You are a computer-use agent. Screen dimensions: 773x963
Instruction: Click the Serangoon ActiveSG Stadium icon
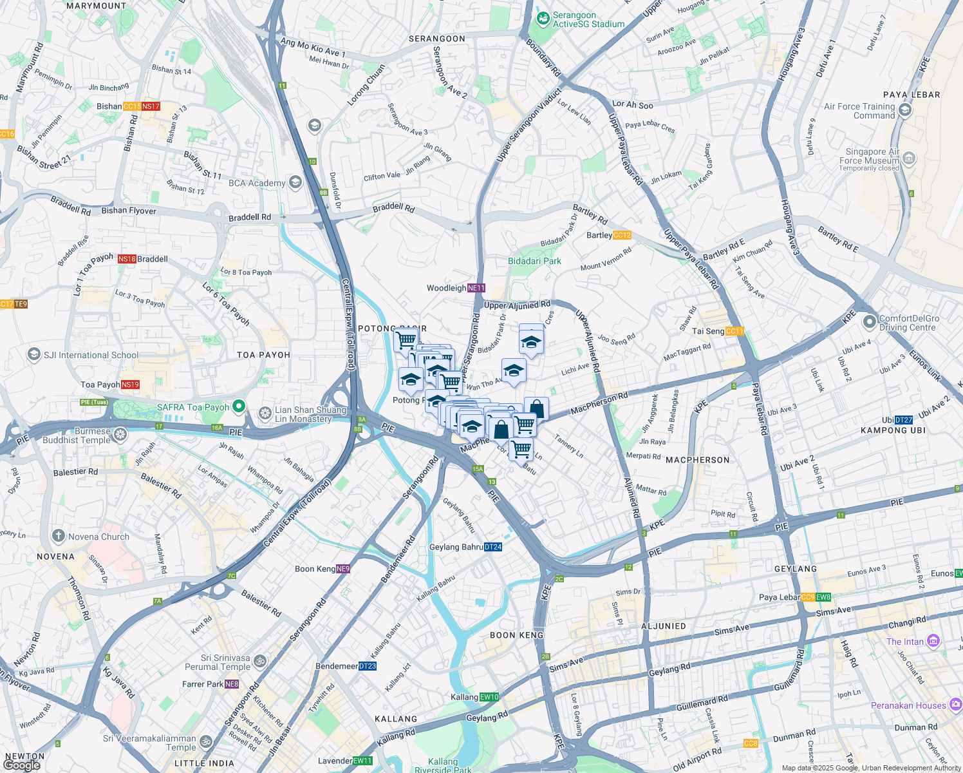[x=543, y=19]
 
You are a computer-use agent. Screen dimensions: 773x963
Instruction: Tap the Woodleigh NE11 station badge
[x=476, y=288]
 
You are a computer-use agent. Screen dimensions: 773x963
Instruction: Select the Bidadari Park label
[x=534, y=261]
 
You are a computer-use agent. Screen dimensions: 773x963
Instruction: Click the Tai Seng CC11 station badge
[x=734, y=331]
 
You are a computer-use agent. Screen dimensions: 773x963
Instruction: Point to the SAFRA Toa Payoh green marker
[x=239, y=406]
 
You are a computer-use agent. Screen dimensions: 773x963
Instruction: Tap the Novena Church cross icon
[x=59, y=536]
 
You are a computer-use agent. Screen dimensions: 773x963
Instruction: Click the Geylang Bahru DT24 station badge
[x=492, y=547]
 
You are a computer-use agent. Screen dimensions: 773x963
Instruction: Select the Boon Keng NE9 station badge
[x=343, y=569]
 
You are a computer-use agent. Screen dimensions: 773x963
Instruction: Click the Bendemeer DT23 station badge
[x=367, y=666]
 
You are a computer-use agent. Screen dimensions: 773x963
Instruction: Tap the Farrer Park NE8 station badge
[x=232, y=684]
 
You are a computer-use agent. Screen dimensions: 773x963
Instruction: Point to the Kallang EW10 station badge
[x=489, y=697]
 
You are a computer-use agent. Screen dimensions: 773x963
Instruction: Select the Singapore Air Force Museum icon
[x=909, y=158]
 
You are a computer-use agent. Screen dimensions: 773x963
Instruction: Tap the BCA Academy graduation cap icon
[x=295, y=182]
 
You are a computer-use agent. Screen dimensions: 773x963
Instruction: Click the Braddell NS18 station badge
[x=126, y=259]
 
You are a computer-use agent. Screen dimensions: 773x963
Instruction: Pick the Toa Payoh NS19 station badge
[x=130, y=385]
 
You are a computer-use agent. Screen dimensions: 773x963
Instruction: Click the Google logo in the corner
[x=22, y=765]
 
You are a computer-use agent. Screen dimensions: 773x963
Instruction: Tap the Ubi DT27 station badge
[x=903, y=420]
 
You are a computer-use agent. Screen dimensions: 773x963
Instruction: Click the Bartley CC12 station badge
[x=622, y=235]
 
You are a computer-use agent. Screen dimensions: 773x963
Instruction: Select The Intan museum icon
[x=933, y=641]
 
